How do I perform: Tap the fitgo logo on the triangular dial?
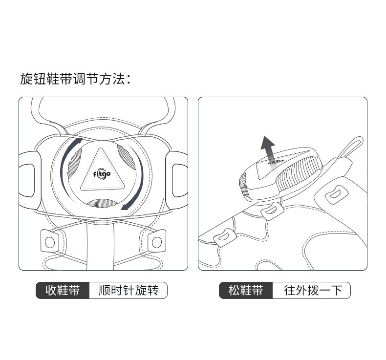point(102,173)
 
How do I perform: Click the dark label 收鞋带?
point(63,291)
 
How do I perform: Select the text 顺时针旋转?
point(129,291)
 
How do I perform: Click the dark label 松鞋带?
point(246,291)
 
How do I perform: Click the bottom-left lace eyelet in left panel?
point(49,241)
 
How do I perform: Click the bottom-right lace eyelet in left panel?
point(156,241)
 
